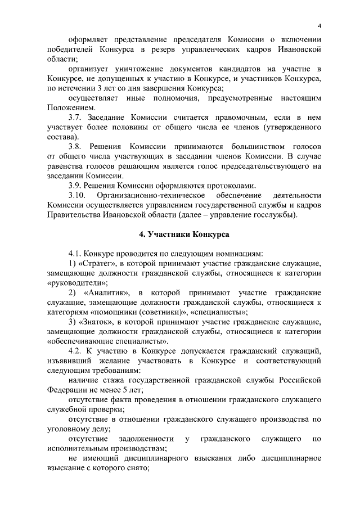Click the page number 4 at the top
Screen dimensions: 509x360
[x=319, y=27]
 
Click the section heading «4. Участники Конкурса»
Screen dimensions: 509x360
[x=180, y=233]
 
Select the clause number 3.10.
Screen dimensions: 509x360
[x=79, y=195]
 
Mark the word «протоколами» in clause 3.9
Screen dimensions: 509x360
[x=228, y=185]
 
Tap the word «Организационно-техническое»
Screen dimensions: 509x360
[x=154, y=195]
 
